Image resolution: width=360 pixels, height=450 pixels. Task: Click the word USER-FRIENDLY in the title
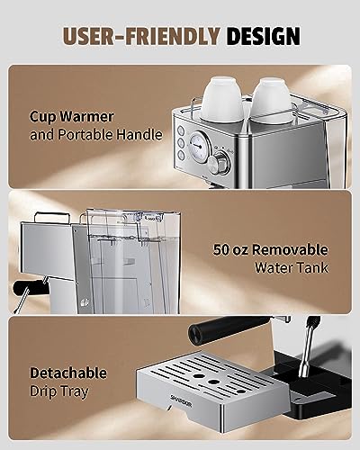click(x=143, y=36)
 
